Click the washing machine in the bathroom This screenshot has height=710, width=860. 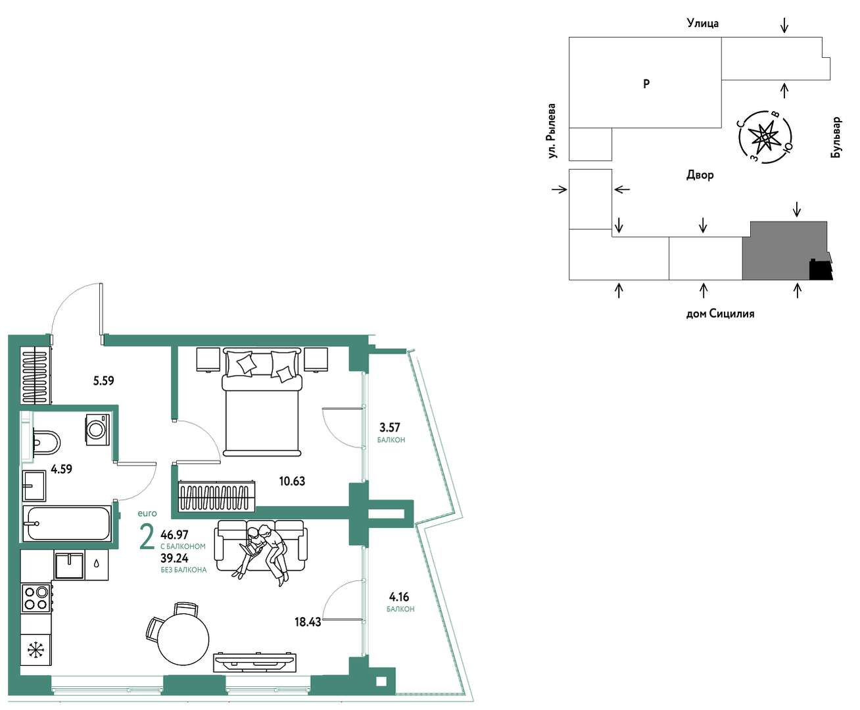click(x=97, y=430)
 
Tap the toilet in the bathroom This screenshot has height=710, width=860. click(x=46, y=443)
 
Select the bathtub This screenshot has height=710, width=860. click(x=67, y=523)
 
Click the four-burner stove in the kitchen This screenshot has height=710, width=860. click(x=36, y=598)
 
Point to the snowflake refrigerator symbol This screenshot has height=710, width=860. click(x=36, y=650)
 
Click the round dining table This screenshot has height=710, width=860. click(x=183, y=640)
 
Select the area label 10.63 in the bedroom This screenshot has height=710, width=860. click(x=292, y=481)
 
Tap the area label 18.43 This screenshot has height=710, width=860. click(x=308, y=622)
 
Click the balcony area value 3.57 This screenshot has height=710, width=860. click(x=390, y=427)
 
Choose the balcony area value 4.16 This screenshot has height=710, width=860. click(x=399, y=597)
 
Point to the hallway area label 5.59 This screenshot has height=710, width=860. click(x=103, y=380)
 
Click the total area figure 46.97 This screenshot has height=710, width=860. click(x=174, y=535)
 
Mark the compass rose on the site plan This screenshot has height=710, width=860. click(x=765, y=138)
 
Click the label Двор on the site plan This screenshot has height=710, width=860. click(x=700, y=175)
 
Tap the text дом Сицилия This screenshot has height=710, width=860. click(x=720, y=314)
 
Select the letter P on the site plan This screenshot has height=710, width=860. click(x=646, y=84)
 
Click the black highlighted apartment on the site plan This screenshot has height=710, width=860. click(x=821, y=270)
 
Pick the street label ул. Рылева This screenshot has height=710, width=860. click(x=552, y=131)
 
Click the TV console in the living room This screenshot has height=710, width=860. click(x=254, y=663)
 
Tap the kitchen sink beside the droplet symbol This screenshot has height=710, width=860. click(x=69, y=565)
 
